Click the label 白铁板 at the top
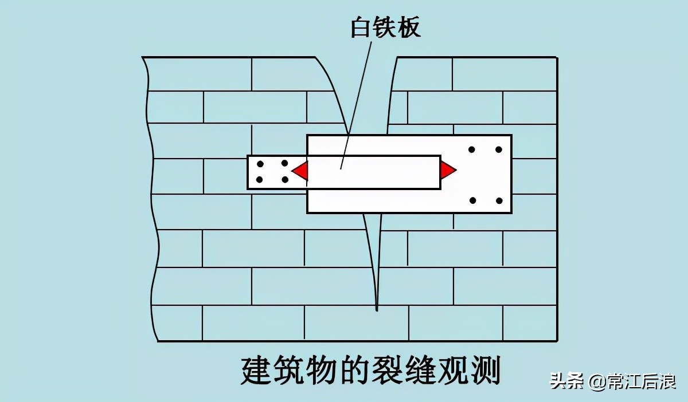point(385,27)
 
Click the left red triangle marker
point(301,170)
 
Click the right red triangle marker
point(447,170)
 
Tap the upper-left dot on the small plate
point(259,163)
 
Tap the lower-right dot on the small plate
point(285,180)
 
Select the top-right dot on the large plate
point(498,149)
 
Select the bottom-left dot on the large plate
point(473,200)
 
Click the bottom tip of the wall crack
point(377,309)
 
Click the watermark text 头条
point(566,381)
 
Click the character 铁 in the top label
point(385,27)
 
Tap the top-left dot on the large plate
point(471,149)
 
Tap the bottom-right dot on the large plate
point(499,200)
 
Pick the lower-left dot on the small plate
point(259,180)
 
